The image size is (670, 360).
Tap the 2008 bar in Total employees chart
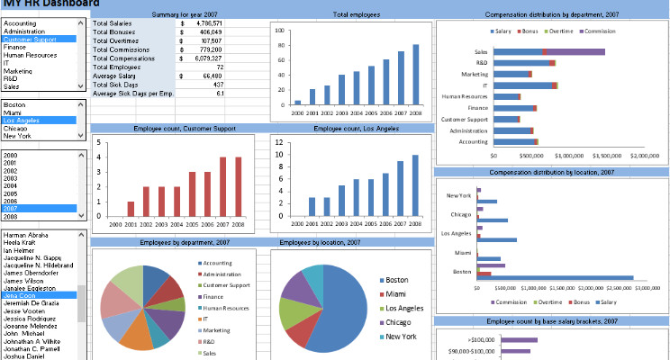pyautogui.click(x=416, y=75)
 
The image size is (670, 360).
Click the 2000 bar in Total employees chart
pyautogui.click(x=298, y=102)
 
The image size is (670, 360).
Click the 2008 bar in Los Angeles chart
pyautogui.click(x=416, y=185)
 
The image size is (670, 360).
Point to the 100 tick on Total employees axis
pyautogui.click(x=279, y=30)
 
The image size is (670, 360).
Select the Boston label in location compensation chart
pyautogui.click(x=463, y=271)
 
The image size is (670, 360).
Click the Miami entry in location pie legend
pyautogui.click(x=397, y=293)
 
